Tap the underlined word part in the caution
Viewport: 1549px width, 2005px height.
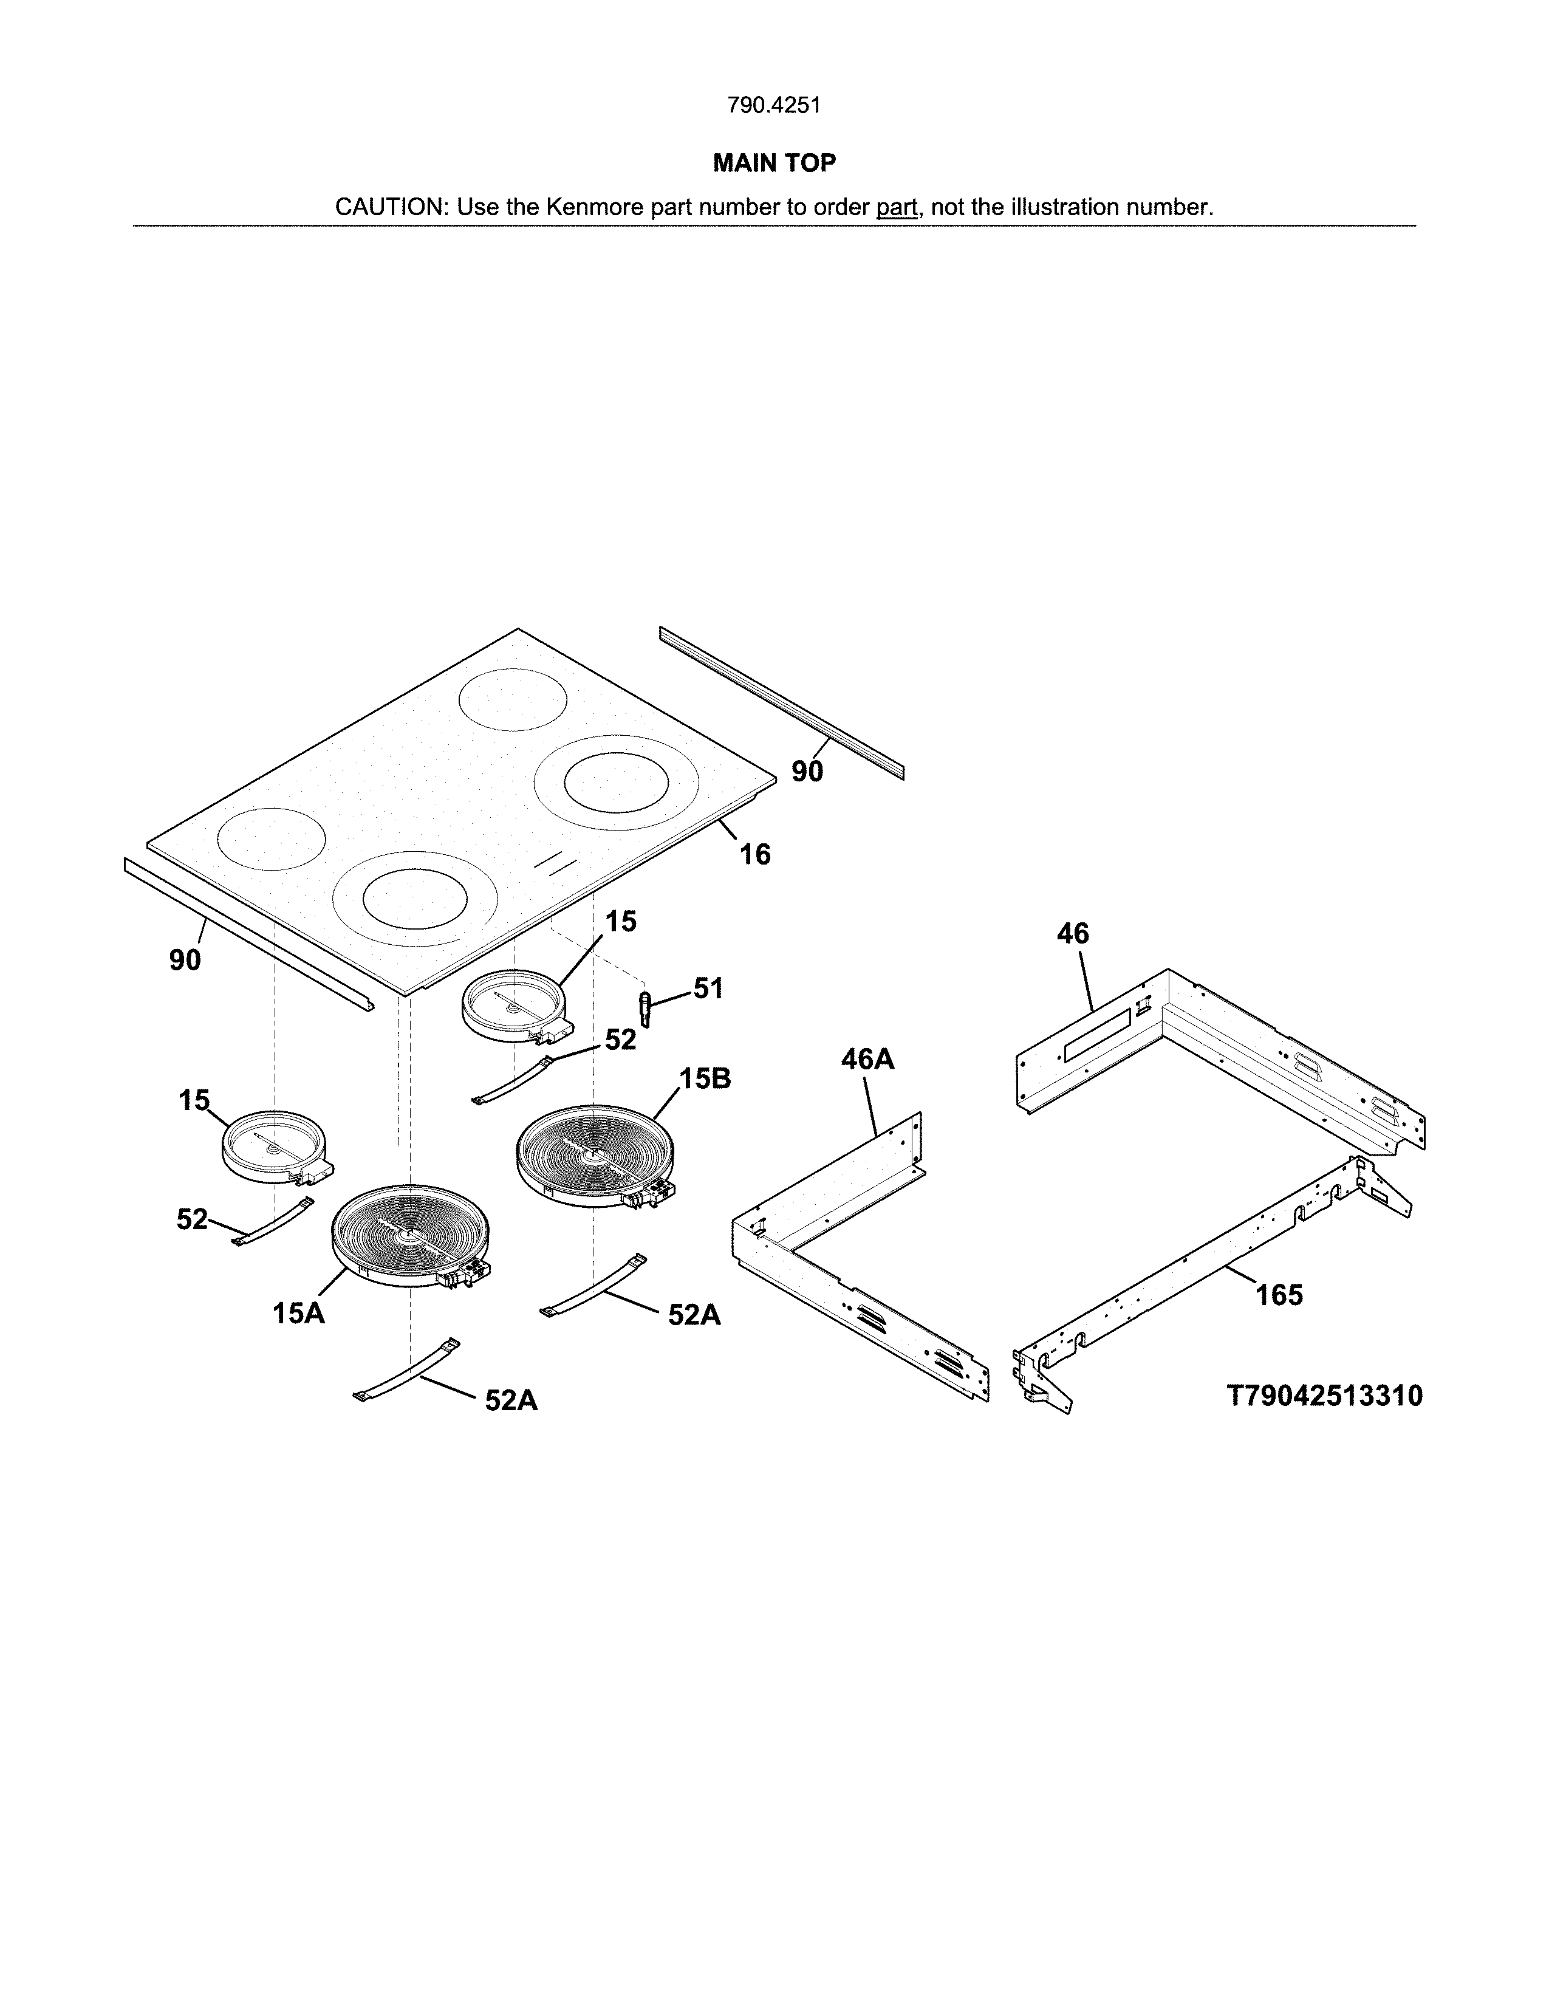pyautogui.click(x=897, y=207)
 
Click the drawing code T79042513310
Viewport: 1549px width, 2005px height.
pyautogui.click(x=1324, y=1396)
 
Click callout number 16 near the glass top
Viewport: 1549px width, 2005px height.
pyautogui.click(x=755, y=855)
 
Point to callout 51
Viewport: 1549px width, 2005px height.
pyautogui.click(x=708, y=989)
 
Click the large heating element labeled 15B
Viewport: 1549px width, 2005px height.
pyautogui.click(x=595, y=1154)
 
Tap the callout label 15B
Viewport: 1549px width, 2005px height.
pyautogui.click(x=705, y=1078)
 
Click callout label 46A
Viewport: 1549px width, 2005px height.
pyautogui.click(x=867, y=1060)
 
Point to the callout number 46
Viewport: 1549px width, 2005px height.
pyautogui.click(x=1072, y=934)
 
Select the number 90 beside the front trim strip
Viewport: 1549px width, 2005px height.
pyautogui.click(x=185, y=960)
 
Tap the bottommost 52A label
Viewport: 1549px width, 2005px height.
pyautogui.click(x=511, y=1400)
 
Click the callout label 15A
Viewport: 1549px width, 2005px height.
pyautogui.click(x=298, y=1314)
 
